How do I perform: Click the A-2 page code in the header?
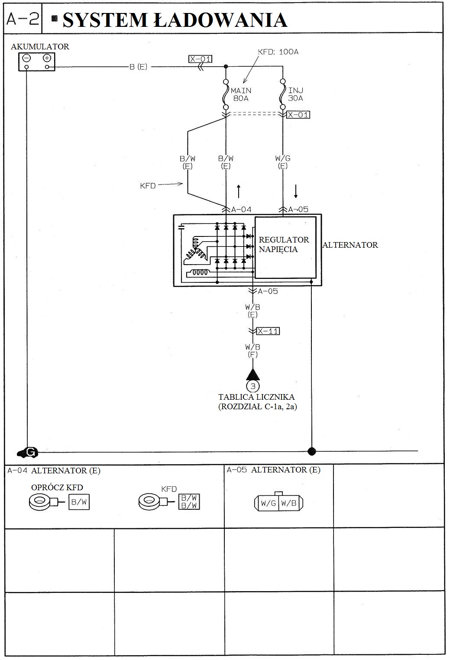click(x=23, y=19)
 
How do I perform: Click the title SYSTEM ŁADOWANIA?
click(x=175, y=20)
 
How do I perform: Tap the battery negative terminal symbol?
click(x=26, y=58)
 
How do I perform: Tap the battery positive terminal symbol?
click(x=47, y=58)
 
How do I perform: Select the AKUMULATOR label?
click(x=40, y=47)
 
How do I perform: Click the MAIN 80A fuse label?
click(x=240, y=94)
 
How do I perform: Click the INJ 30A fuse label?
click(x=295, y=94)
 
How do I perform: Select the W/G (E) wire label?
click(x=282, y=162)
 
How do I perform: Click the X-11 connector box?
click(x=268, y=331)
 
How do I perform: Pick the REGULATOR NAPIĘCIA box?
click(x=285, y=248)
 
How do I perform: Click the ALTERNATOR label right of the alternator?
click(x=350, y=245)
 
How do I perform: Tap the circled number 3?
click(x=253, y=385)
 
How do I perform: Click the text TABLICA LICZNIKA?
click(x=256, y=397)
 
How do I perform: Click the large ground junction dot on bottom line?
click(x=311, y=451)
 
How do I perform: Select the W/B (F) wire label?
click(x=253, y=351)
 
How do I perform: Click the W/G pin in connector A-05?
click(x=268, y=503)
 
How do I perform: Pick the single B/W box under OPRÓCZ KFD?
click(x=79, y=502)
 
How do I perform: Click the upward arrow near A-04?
click(x=239, y=191)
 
